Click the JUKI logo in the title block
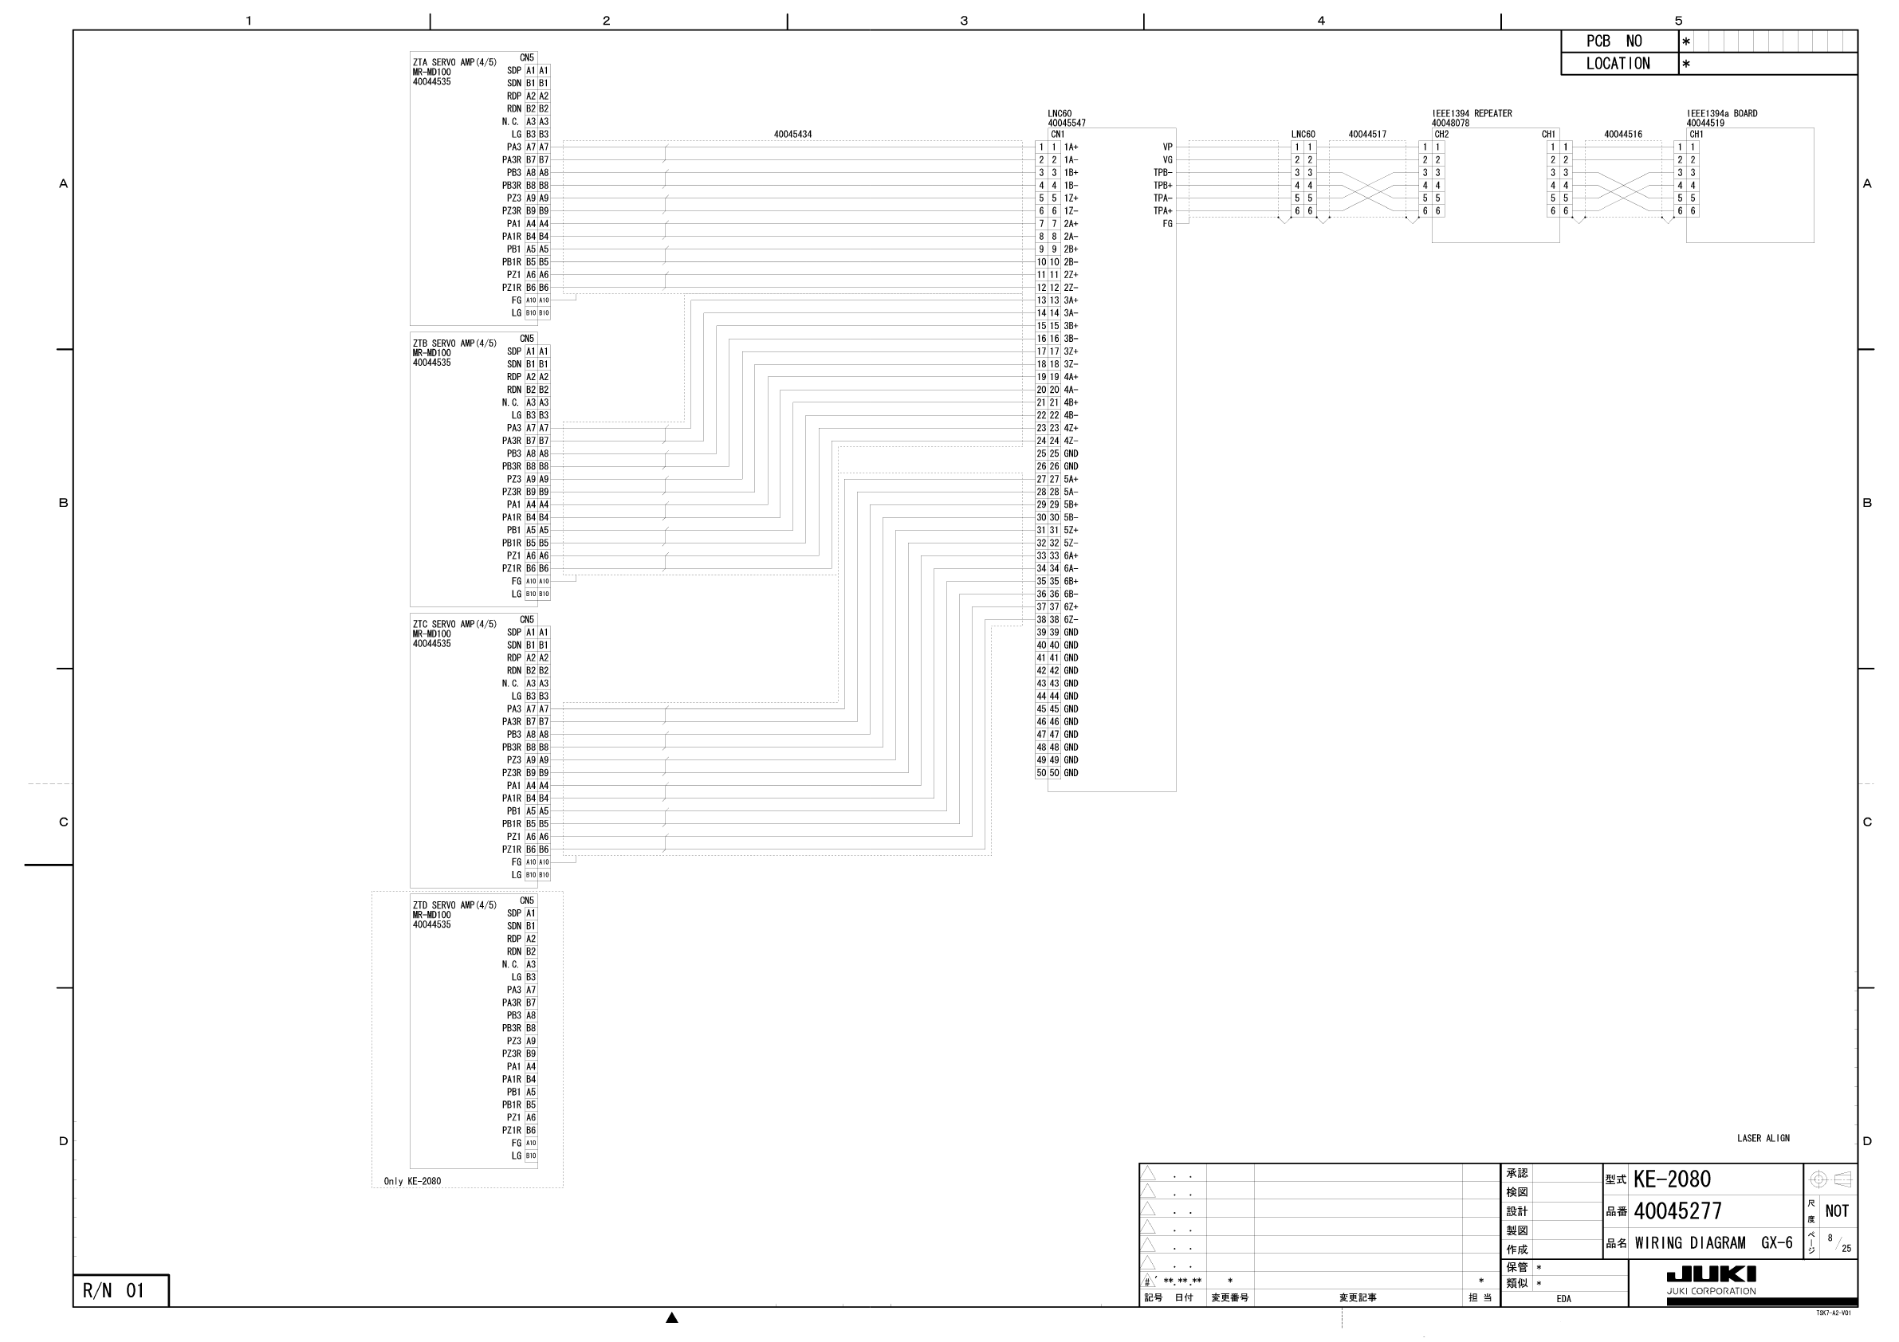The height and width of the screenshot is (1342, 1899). coord(1710,1274)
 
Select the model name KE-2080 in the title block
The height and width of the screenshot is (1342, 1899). coord(1672,1179)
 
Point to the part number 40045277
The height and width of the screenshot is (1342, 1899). coord(1677,1211)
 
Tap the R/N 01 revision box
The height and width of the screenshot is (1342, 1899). coord(113,1291)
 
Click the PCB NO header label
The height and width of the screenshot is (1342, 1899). coord(1613,41)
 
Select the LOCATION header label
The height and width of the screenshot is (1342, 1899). coord(1617,64)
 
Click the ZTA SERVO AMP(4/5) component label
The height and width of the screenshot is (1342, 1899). coord(454,62)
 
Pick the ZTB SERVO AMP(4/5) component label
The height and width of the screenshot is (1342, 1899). coord(454,343)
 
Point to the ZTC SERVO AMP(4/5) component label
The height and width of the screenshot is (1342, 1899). coord(454,624)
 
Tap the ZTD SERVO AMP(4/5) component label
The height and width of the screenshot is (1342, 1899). coord(454,905)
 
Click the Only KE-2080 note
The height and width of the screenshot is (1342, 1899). coord(412,1181)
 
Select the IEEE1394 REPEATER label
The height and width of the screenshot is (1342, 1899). coord(1472,113)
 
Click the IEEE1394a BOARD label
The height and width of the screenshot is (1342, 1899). coord(1722,113)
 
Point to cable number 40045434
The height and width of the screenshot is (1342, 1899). coord(792,134)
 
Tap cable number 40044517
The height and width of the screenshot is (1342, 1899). coord(1367,134)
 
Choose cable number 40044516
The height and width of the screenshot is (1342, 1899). coord(1622,134)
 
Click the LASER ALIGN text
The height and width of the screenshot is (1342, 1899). coord(1763,1139)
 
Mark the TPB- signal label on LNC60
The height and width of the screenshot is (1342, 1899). coord(1162,173)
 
